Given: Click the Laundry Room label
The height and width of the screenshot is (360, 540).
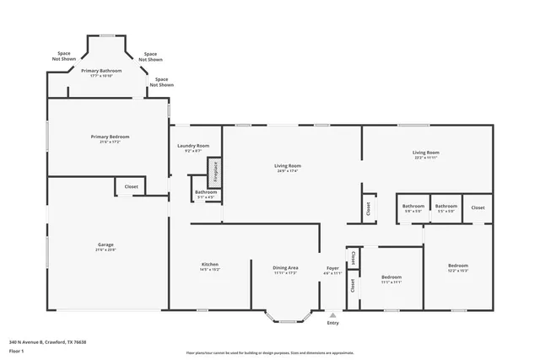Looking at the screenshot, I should click(193, 146).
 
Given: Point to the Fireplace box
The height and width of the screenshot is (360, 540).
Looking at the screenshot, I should click(215, 173).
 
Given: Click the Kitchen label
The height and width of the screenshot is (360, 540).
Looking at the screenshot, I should click(209, 265).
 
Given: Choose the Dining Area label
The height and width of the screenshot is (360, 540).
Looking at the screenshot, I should click(285, 268).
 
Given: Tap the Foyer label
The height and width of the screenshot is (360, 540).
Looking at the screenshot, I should click(333, 269).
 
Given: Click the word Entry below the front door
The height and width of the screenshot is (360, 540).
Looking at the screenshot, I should click(332, 323).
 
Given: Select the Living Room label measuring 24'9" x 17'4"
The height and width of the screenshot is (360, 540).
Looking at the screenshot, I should click(289, 166).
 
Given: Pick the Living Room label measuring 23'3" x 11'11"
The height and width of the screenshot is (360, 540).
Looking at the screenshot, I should click(425, 153).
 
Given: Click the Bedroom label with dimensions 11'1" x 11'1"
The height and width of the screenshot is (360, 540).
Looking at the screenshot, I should click(391, 277).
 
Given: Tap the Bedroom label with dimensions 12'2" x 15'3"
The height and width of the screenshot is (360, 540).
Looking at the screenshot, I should click(457, 266).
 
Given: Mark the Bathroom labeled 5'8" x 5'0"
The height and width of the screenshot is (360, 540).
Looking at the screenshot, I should click(413, 207).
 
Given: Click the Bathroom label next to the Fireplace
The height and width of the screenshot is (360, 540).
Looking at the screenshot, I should click(206, 192).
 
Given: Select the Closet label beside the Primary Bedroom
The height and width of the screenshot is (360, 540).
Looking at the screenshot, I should click(132, 186).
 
